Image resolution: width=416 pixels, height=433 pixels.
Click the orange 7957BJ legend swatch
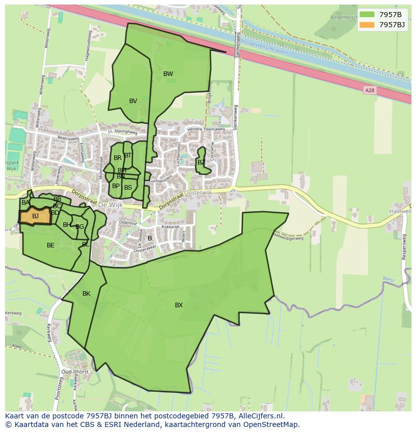coord(367,25)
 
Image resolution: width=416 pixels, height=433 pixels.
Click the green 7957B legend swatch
coord(367,14)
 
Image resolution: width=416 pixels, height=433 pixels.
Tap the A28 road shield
coord(370,90)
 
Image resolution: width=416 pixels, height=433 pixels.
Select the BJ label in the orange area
coord(35,216)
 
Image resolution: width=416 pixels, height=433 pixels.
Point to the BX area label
coord(179,305)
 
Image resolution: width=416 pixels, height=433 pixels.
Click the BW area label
coord(168,74)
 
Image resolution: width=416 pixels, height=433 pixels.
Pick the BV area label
coord(133,101)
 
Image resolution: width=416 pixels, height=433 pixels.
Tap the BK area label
coord(86,294)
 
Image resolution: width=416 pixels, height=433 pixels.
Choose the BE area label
coord(51,245)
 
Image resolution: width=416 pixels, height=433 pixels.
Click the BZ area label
coord(201,162)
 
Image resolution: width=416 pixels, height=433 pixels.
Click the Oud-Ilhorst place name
coord(75,372)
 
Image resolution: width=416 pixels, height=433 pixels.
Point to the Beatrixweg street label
coord(69,138)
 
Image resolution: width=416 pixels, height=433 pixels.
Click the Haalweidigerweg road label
coord(288,235)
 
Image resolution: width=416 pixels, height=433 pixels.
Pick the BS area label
coord(128,188)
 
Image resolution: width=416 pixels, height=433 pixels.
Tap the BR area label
coord(118,158)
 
